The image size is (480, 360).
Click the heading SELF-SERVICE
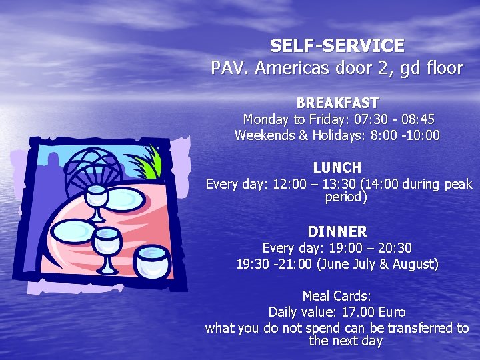point(337,46)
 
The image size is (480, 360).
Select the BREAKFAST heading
point(337,103)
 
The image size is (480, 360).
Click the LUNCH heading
point(337,168)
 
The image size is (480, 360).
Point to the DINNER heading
point(337,232)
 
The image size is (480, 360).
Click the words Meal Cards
point(337,296)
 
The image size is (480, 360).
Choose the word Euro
point(391,312)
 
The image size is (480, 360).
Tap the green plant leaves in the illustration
point(149,163)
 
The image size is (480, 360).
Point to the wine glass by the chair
point(97,199)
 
